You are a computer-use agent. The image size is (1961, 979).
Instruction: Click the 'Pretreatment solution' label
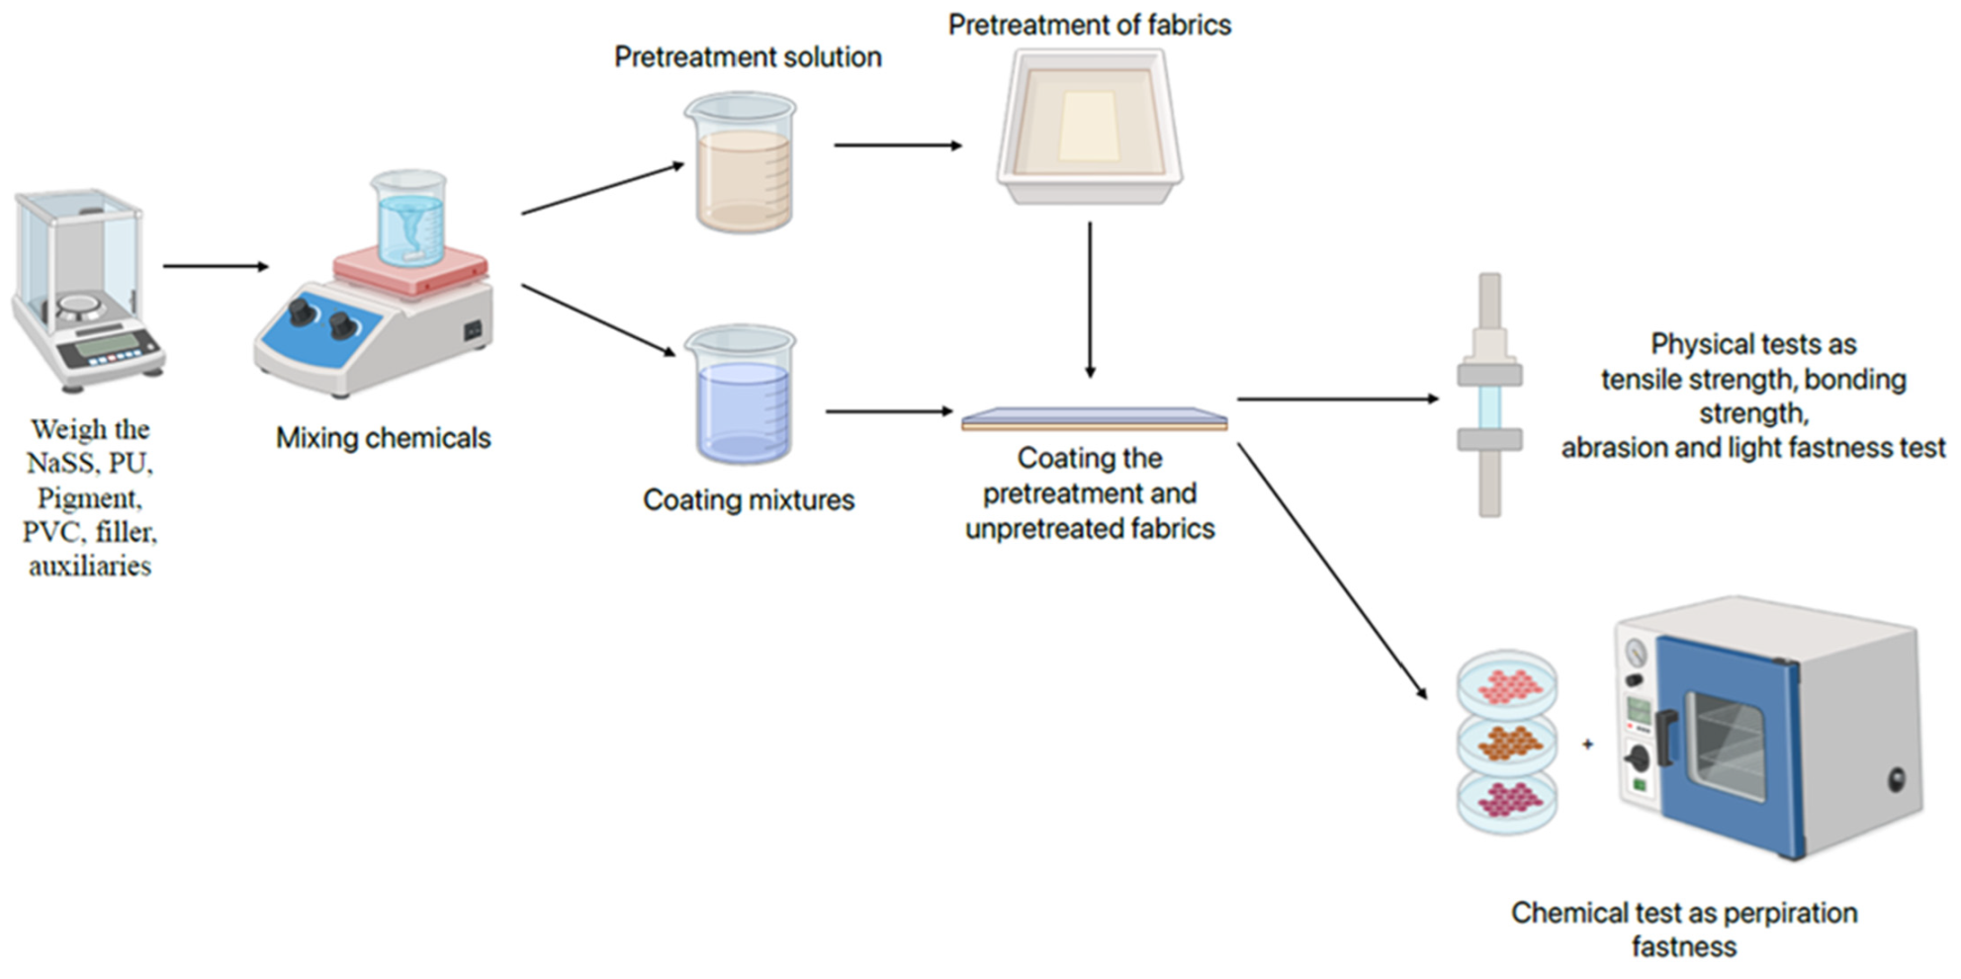[748, 57]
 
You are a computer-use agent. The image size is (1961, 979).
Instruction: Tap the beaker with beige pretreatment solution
[741, 165]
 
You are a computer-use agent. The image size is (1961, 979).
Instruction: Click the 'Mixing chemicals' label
[383, 438]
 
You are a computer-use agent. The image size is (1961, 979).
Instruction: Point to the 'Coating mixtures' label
[749, 500]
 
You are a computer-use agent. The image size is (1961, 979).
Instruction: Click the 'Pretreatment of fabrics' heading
[1089, 25]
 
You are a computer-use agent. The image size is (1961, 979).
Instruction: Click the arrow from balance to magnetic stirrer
[216, 266]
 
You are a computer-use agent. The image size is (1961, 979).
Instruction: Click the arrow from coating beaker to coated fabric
[888, 410]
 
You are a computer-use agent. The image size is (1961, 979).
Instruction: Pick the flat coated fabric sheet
[1094, 419]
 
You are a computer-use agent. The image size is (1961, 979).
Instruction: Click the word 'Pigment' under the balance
[89, 497]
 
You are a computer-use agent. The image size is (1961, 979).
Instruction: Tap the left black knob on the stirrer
[302, 312]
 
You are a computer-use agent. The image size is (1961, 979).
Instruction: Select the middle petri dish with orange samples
[1505, 742]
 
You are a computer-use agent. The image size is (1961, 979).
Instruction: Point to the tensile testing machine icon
[1489, 395]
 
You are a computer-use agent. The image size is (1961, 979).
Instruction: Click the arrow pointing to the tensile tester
[1337, 399]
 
